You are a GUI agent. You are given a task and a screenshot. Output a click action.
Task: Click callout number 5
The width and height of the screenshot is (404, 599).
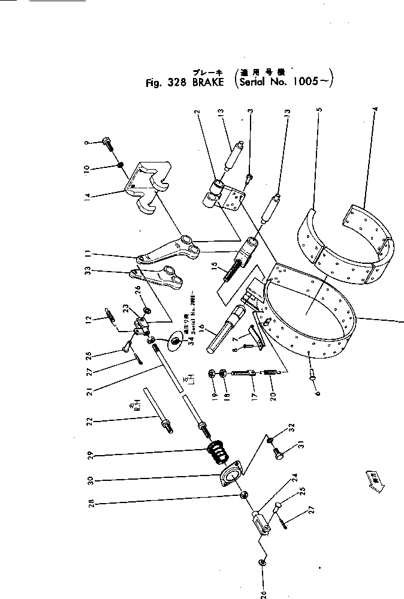pos(319,110)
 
